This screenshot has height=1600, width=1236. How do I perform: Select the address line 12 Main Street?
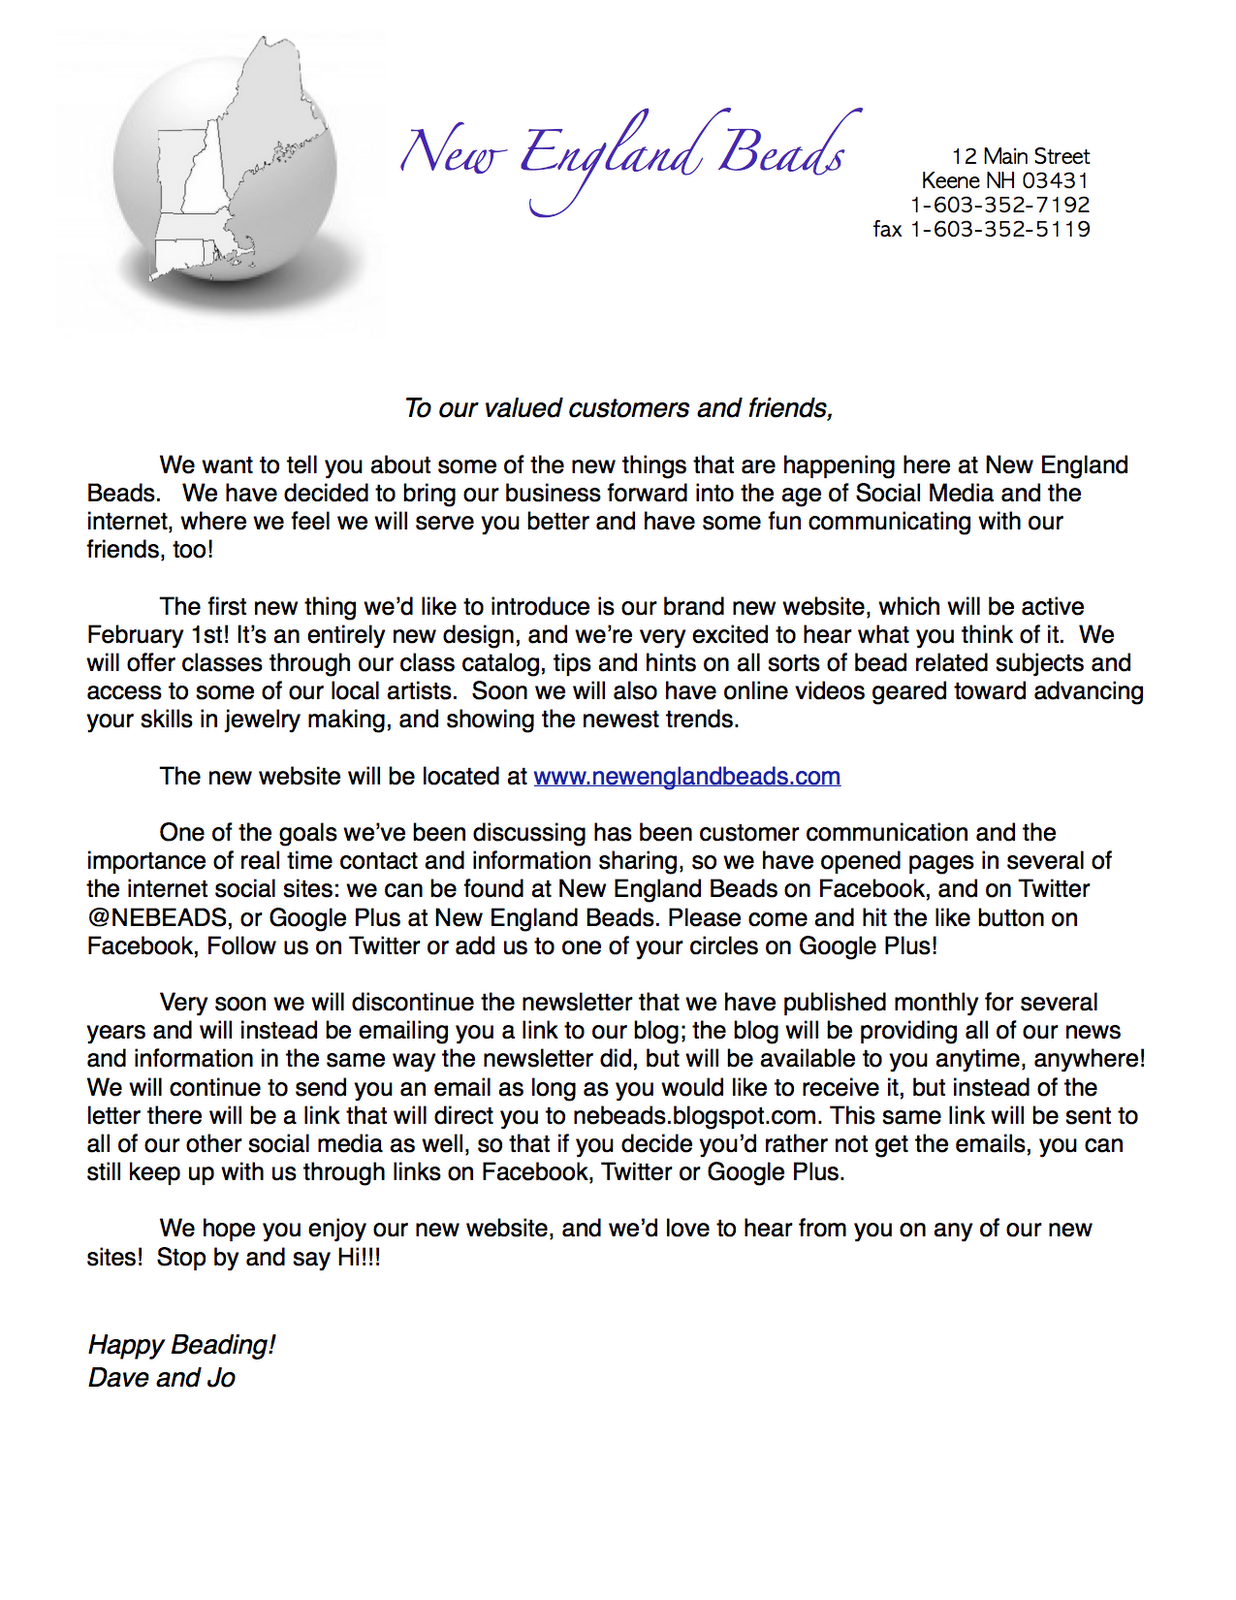coord(1020,156)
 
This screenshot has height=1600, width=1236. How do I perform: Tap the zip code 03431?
coord(1055,181)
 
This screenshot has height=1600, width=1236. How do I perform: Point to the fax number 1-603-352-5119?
coord(1000,229)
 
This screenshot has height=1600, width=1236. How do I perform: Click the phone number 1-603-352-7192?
coord(1000,205)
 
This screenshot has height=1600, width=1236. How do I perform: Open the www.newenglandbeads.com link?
coord(687,777)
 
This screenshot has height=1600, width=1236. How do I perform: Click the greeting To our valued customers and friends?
coord(618,408)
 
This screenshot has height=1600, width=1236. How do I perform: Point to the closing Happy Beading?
coord(181,1345)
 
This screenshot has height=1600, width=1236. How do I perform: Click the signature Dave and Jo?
coord(161,1378)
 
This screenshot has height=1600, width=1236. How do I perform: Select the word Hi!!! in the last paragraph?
coord(359,1258)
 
